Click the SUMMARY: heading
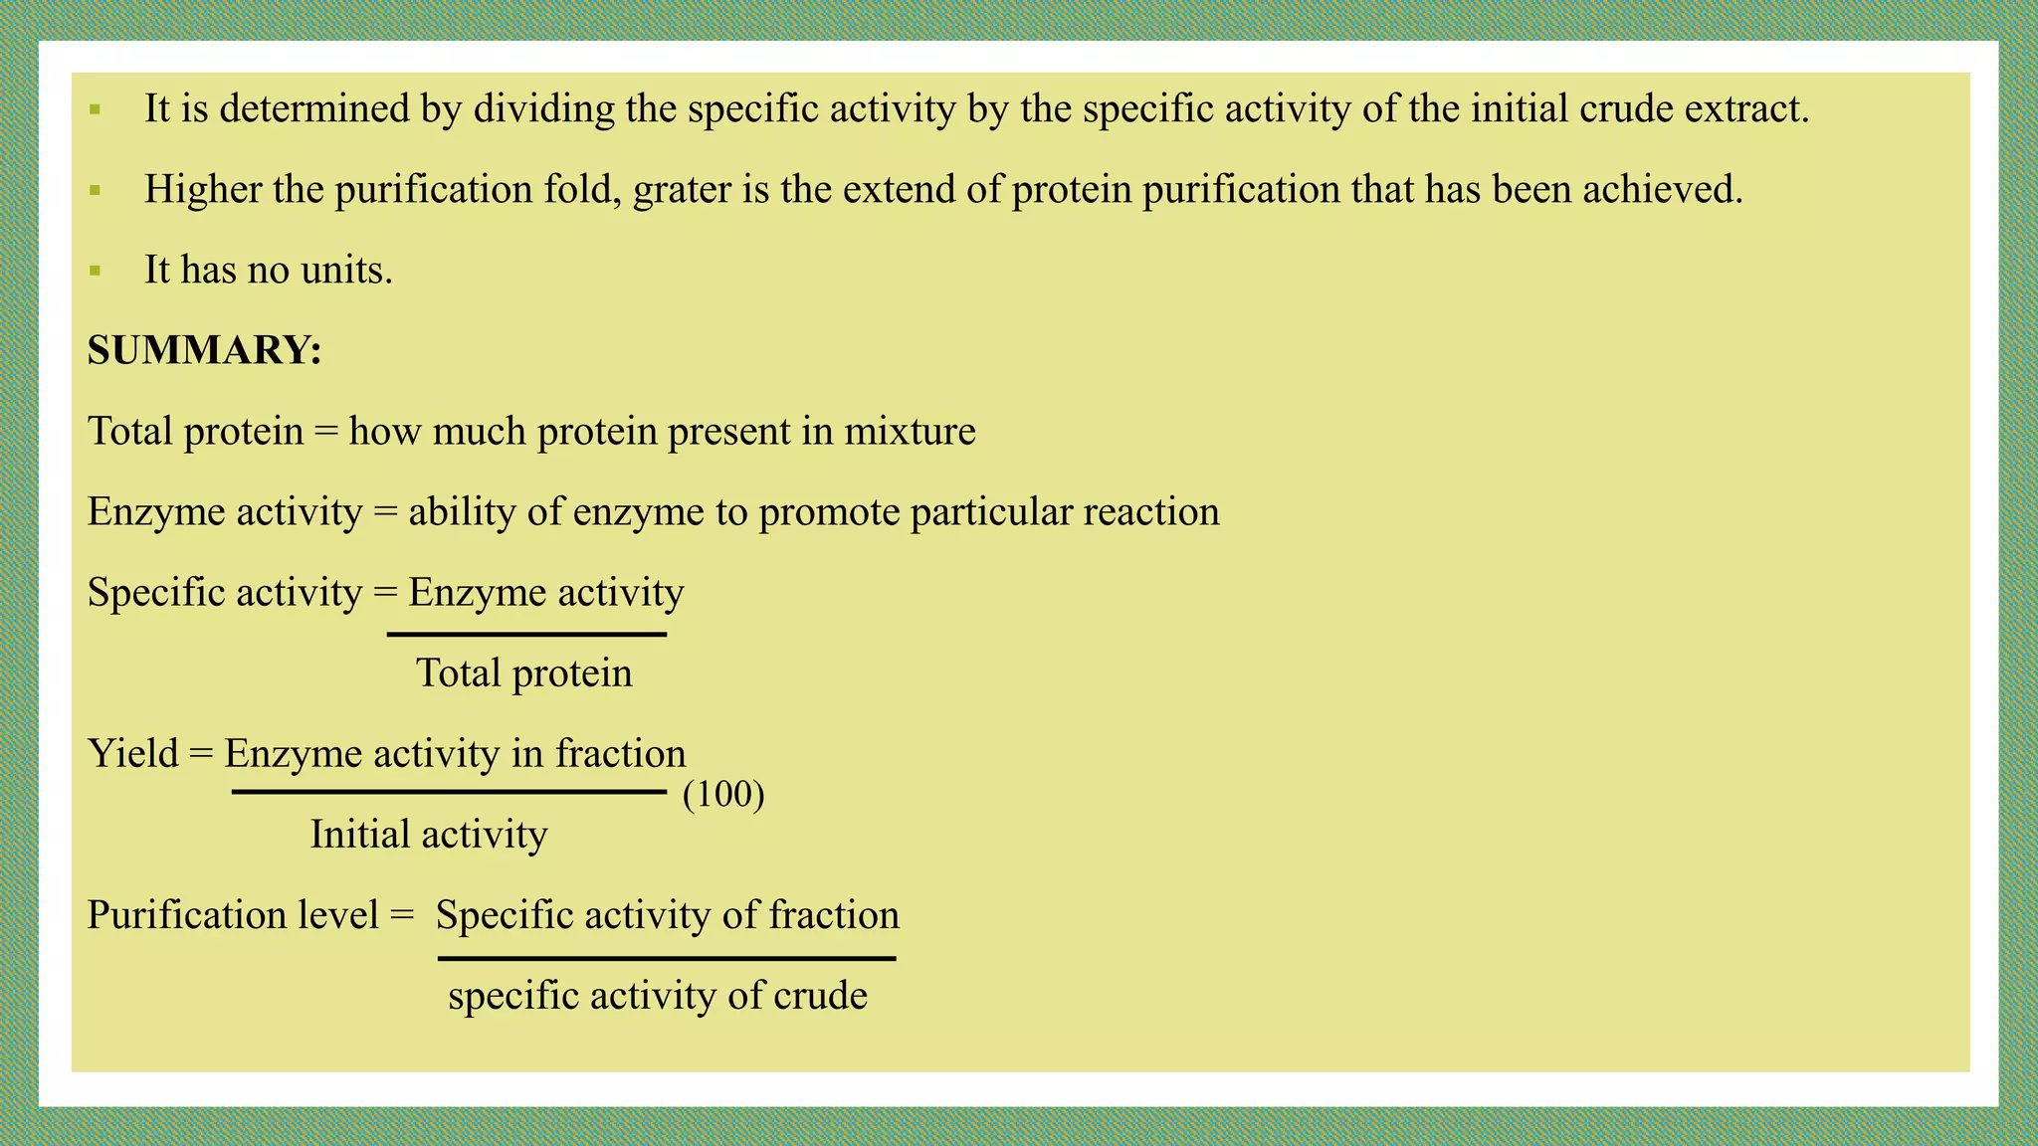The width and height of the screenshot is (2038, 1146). pyautogui.click(x=204, y=350)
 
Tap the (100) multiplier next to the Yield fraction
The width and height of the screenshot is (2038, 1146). pyautogui.click(x=723, y=795)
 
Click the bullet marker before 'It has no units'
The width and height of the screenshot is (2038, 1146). pyautogui.click(x=96, y=271)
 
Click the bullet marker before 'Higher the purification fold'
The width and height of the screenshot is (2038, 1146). pyautogui.click(x=96, y=190)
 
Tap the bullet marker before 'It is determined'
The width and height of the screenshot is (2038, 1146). pyautogui.click(x=96, y=109)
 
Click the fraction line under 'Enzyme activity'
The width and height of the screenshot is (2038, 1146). pyautogui.click(x=526, y=634)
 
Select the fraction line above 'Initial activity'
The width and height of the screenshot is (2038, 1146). pyautogui.click(x=449, y=792)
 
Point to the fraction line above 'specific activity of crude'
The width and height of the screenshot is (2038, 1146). pyautogui.click(x=667, y=959)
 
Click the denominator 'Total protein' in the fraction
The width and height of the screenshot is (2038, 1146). pyautogui.click(x=523, y=673)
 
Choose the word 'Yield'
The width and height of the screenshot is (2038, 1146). pyautogui.click(x=133, y=754)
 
